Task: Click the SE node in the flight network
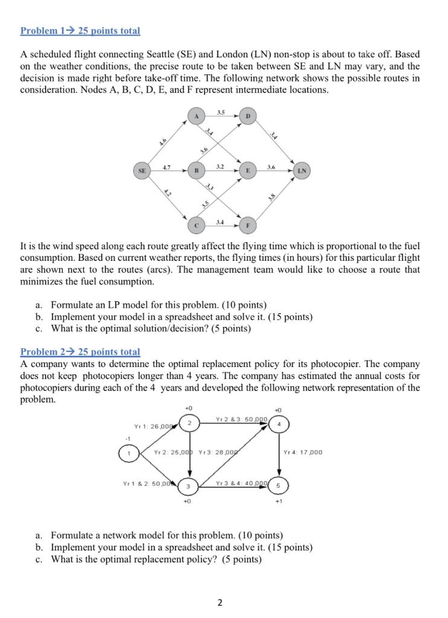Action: (x=142, y=171)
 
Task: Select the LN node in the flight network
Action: (x=302, y=171)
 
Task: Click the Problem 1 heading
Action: (x=80, y=30)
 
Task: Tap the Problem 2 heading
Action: (x=80, y=351)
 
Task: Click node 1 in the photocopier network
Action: (x=128, y=452)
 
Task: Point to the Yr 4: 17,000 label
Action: (x=302, y=452)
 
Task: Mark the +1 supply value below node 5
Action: (x=278, y=502)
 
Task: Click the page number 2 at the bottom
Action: (x=220, y=602)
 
